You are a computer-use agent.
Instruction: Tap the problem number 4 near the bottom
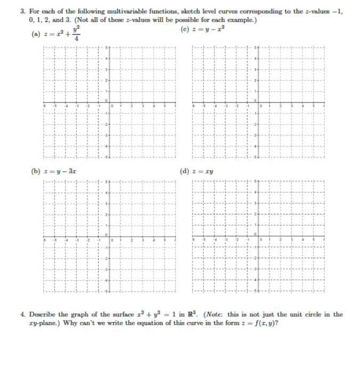(22, 314)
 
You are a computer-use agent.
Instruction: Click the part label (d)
(184, 171)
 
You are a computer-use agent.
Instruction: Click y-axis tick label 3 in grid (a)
(107, 70)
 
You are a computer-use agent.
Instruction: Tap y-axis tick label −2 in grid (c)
(255, 124)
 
